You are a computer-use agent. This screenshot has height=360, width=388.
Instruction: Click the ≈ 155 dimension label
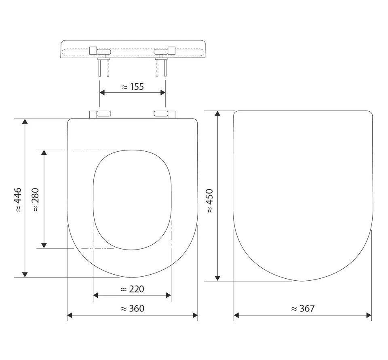(x=133, y=87)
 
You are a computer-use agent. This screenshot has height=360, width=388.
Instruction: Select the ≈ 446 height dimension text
(x=18, y=200)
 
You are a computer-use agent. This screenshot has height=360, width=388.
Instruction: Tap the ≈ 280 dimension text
(x=36, y=200)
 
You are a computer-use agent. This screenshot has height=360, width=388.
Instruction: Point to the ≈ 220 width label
(x=132, y=289)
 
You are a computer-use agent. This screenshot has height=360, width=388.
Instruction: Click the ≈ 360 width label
(x=132, y=309)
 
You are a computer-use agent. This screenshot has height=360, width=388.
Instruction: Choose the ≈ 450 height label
(x=210, y=201)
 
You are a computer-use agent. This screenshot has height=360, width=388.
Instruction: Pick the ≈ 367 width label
(x=303, y=309)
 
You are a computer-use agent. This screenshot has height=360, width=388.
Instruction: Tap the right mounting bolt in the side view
(x=165, y=67)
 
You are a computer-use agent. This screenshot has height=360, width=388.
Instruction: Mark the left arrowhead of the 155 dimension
(x=102, y=92)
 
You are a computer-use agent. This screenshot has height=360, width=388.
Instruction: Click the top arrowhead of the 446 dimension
(x=25, y=122)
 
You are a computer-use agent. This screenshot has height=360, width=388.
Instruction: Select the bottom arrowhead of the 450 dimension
(x=217, y=278)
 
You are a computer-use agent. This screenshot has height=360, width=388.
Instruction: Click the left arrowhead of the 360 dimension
(x=70, y=315)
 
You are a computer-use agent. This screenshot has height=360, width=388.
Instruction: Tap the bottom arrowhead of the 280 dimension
(x=44, y=245)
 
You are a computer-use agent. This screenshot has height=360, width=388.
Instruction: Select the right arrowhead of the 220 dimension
(x=168, y=295)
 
